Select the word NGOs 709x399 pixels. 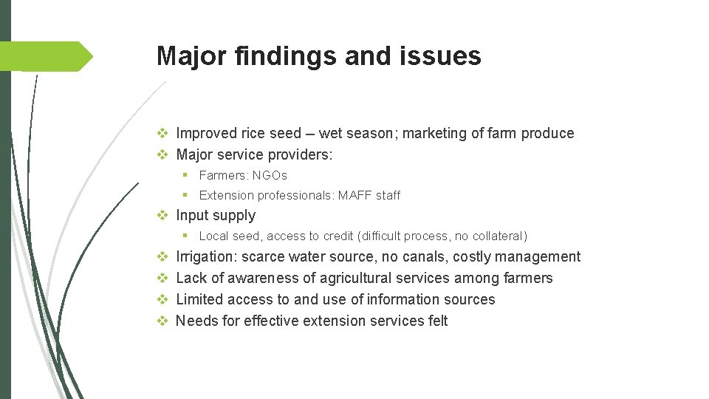[x=270, y=176]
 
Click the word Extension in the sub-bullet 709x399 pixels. [x=225, y=196]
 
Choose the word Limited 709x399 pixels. [x=200, y=300]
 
